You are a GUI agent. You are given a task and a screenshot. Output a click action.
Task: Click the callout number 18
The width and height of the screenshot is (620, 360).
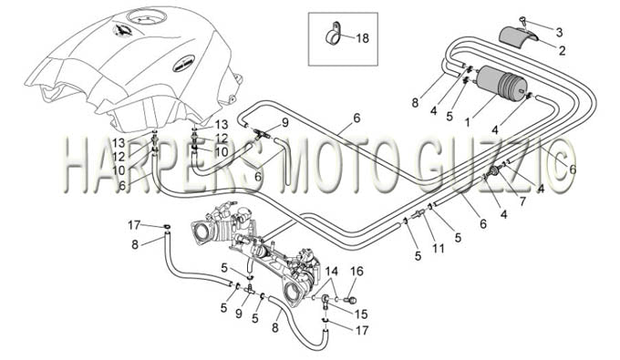(x=362, y=38)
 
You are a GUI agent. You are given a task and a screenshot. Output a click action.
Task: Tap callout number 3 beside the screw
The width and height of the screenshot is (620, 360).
(x=559, y=33)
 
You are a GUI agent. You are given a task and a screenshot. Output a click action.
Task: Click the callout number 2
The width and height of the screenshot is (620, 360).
(x=562, y=50)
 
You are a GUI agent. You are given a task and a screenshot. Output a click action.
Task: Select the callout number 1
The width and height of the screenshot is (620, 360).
(x=468, y=122)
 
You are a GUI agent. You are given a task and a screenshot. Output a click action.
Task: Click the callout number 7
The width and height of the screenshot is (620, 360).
(x=522, y=201)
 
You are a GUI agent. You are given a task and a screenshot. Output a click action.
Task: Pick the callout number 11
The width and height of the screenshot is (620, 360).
(x=439, y=248)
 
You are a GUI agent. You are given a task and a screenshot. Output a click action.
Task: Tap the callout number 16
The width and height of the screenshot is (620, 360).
(x=356, y=272)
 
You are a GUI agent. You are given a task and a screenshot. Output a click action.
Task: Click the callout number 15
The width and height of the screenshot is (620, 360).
(x=361, y=314)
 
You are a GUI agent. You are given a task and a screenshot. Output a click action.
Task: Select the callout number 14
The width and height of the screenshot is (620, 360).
(x=332, y=272)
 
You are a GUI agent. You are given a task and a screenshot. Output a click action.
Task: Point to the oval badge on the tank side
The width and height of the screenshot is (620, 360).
(x=183, y=64)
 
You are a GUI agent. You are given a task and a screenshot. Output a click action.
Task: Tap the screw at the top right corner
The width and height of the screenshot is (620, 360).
(x=523, y=20)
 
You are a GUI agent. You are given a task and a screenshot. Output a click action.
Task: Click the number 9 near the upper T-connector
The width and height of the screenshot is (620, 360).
(x=284, y=122)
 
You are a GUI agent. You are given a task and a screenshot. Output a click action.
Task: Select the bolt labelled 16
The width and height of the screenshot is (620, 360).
(x=351, y=301)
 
